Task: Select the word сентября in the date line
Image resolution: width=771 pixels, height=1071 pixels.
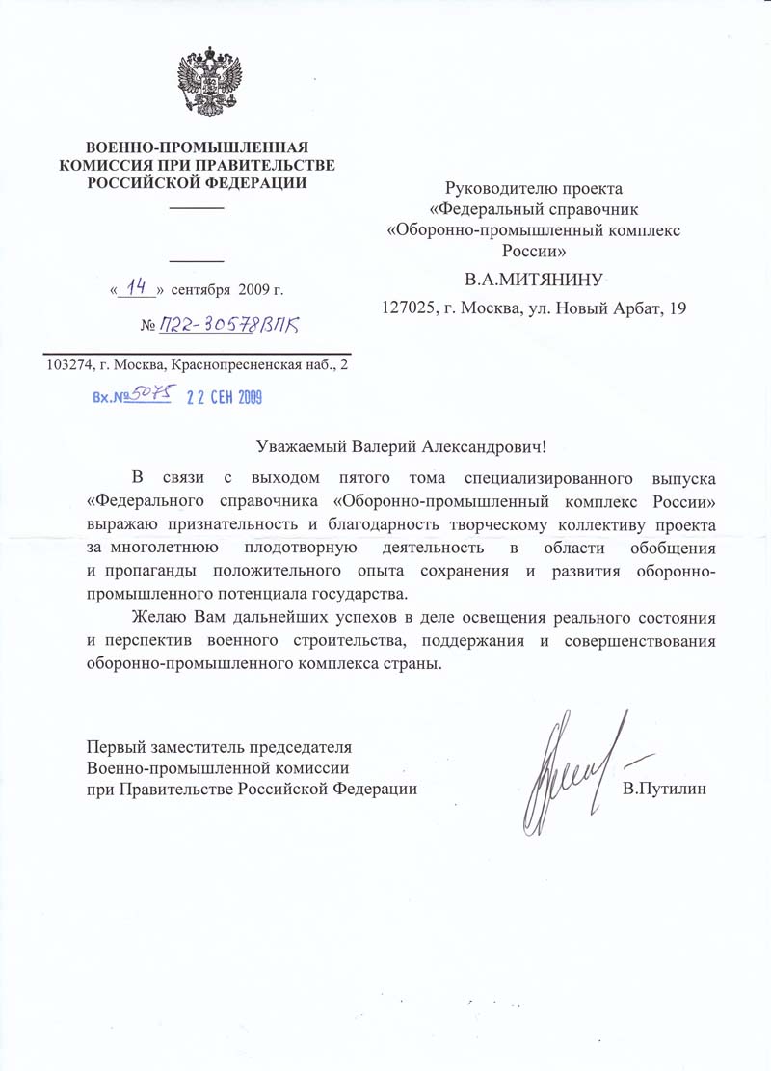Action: (x=201, y=288)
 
